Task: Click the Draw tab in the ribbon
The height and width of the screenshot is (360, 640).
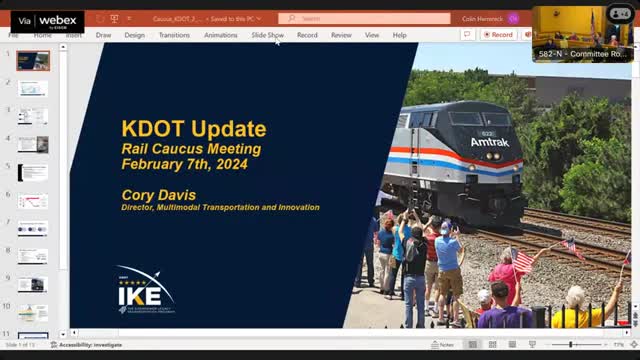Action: click(x=103, y=35)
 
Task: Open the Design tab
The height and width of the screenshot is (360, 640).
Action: click(x=134, y=35)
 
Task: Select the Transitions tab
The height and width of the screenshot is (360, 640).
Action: click(x=174, y=35)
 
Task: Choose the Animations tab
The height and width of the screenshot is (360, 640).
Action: click(x=221, y=35)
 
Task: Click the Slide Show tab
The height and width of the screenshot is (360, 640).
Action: click(x=267, y=35)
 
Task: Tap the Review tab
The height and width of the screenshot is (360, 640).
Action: click(x=341, y=35)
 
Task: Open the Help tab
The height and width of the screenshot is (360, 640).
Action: click(x=399, y=35)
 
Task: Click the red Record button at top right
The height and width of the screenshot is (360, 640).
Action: click(x=498, y=34)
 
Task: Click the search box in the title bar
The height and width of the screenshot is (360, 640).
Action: click(x=364, y=18)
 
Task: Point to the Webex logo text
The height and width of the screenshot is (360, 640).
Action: click(x=57, y=20)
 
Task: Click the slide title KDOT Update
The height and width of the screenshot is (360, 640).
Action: click(x=193, y=129)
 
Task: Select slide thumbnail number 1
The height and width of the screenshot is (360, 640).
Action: click(x=32, y=60)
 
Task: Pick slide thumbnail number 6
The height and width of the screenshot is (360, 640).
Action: click(x=32, y=201)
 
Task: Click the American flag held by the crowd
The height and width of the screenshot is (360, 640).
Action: click(x=522, y=262)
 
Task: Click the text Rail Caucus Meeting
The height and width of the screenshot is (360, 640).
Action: click(x=190, y=149)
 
